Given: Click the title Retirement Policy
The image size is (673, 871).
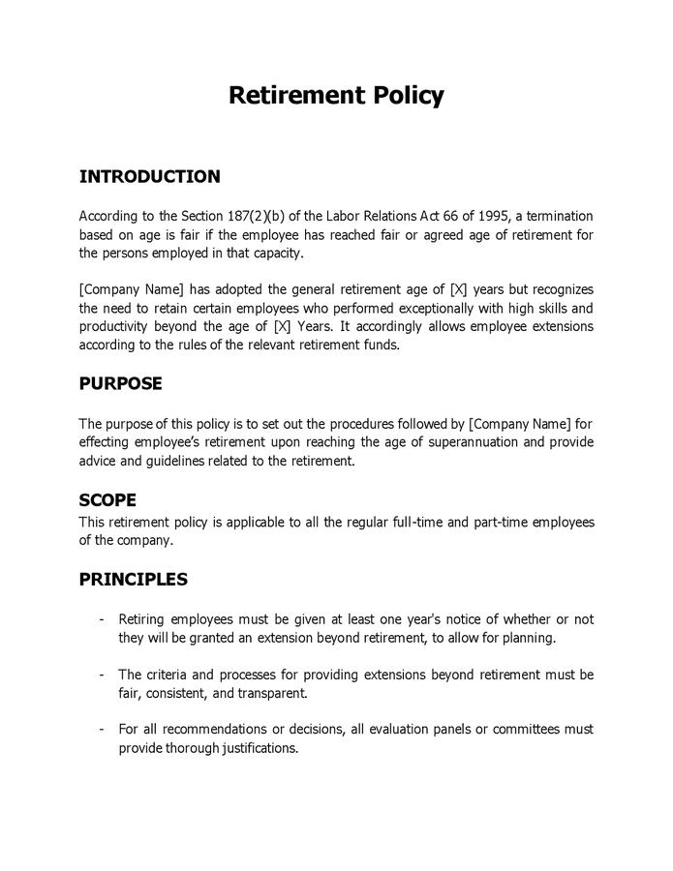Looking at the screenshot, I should click(x=336, y=96).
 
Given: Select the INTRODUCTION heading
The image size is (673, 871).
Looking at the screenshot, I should click(x=149, y=177).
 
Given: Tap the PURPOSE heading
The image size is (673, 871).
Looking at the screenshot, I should click(x=120, y=383).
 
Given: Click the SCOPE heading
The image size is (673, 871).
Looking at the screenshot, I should click(x=107, y=500).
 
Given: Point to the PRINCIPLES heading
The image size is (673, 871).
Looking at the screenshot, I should click(x=133, y=580).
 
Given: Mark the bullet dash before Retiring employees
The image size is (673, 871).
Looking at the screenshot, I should click(x=103, y=619).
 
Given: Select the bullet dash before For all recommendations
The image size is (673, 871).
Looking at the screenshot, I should click(x=103, y=729).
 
